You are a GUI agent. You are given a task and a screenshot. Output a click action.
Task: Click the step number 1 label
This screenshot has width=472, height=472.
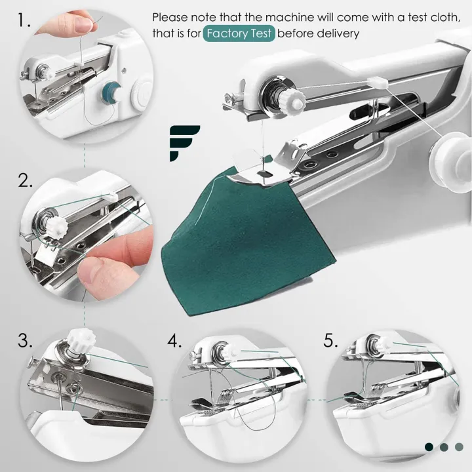pos(24,21)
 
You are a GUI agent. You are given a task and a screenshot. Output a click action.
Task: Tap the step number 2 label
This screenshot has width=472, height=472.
pos(26,181)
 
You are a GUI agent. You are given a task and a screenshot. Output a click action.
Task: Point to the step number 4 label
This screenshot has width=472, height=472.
pos(174,341)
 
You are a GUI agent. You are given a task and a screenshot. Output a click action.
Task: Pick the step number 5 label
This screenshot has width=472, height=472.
pos(332,341)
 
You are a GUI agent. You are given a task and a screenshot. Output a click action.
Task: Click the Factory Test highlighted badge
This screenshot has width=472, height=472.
pos(239,33)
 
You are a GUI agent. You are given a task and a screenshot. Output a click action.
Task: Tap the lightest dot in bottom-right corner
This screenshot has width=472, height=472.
pos(459,446)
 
